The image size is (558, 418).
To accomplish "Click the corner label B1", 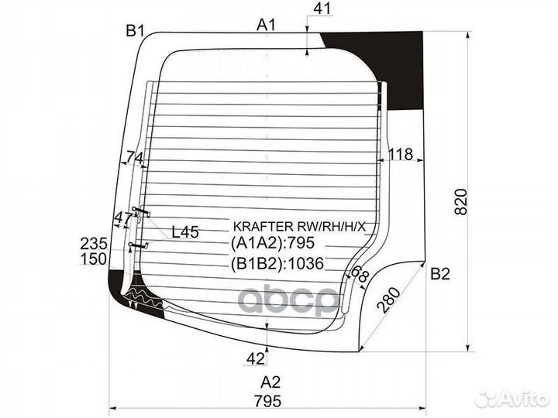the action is click(x=135, y=31).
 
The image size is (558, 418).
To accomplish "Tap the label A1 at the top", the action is click(x=267, y=26).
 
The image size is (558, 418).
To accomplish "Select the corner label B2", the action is click(x=440, y=274).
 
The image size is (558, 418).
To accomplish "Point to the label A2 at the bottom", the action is click(x=270, y=382).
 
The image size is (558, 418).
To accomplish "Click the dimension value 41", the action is click(x=322, y=9).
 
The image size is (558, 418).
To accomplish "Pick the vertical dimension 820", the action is click(x=461, y=201).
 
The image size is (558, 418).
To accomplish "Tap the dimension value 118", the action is click(x=401, y=154).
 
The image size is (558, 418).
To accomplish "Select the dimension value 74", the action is click(x=135, y=157).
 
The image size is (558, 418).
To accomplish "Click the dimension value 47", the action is click(x=123, y=218).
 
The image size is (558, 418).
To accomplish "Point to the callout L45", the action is click(x=185, y=232).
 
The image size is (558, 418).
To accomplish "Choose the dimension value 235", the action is click(x=94, y=244).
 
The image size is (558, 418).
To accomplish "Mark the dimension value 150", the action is click(x=94, y=259).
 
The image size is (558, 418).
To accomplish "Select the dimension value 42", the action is click(x=256, y=359).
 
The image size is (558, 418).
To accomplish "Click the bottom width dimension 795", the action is click(x=267, y=401).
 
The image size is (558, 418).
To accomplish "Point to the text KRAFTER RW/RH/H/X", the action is click(x=299, y=226).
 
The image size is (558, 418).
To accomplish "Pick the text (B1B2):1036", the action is click(x=277, y=263).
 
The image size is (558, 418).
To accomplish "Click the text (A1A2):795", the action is click(x=273, y=243).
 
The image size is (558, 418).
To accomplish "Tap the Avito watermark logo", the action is click(x=511, y=399).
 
